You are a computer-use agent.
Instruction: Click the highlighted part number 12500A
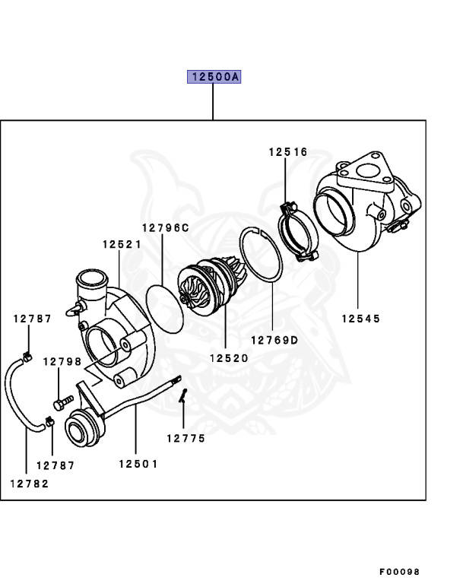pyautogui.click(x=214, y=78)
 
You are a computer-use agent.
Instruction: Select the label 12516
pyautogui.click(x=287, y=152)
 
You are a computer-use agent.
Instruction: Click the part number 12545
pyautogui.click(x=360, y=319)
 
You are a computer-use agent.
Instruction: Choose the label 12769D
pyautogui.click(x=274, y=340)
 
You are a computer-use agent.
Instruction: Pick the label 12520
pyautogui.click(x=225, y=357)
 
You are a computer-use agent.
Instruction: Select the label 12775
pyautogui.click(x=186, y=438)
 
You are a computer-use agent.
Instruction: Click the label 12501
pyautogui.click(x=138, y=464)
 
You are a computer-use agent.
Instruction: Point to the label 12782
pyautogui.click(x=29, y=483)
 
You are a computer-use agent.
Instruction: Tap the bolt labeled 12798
pyautogui.click(x=62, y=399)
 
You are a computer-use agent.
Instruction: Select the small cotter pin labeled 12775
pyautogui.click(x=183, y=397)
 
